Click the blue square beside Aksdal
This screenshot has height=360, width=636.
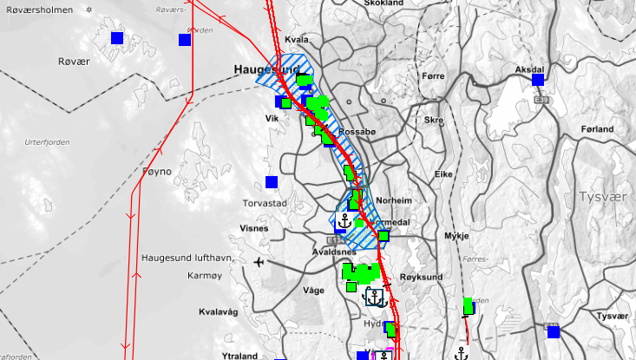tap(538, 80)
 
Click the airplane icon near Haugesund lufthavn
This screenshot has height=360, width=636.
tap(259, 261)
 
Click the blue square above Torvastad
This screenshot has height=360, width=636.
tap(272, 182)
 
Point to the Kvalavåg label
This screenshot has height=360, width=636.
tap(218, 311)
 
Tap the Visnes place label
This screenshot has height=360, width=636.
tap(253, 229)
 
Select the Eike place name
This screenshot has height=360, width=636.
tap(443, 174)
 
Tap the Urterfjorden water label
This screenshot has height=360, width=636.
tap(47, 141)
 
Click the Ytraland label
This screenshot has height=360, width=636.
tap(239, 356)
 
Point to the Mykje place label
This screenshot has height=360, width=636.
tap(456, 235)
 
